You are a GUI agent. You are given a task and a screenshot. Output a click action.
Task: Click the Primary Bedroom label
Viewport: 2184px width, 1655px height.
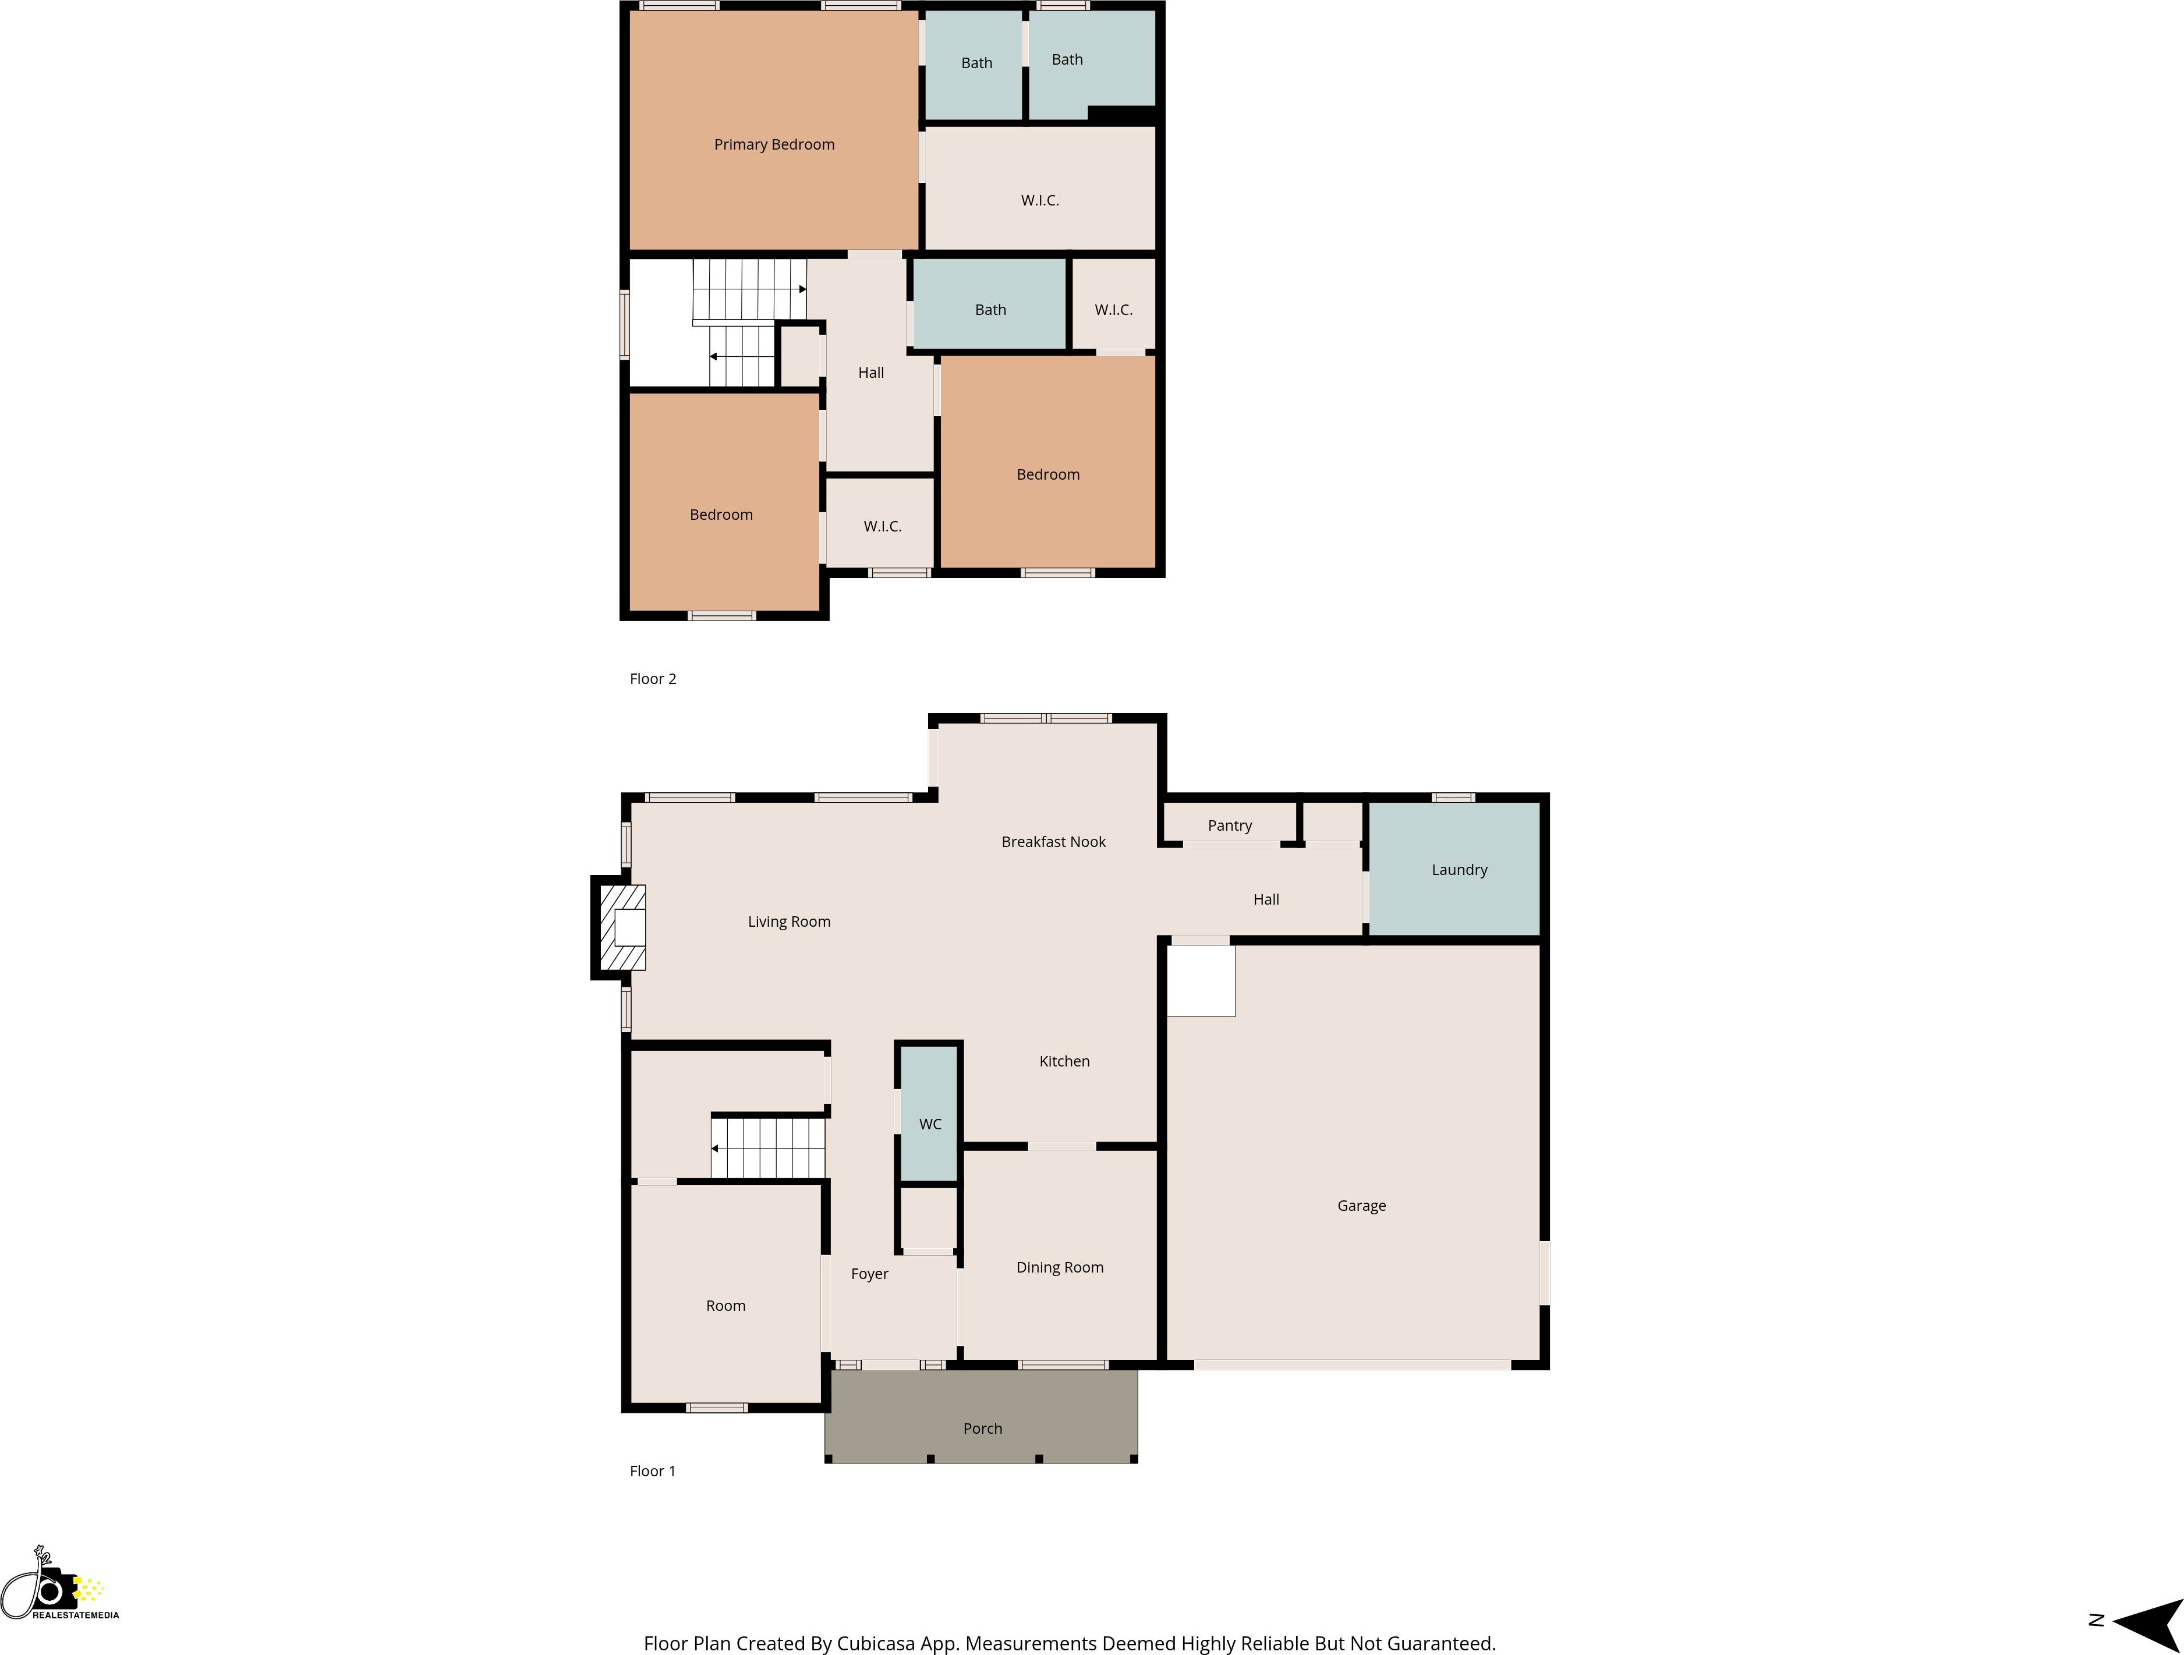click(774, 145)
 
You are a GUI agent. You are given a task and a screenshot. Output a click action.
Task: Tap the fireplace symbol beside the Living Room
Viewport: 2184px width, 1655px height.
click(622, 928)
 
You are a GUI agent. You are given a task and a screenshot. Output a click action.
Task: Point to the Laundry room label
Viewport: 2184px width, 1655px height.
click(1459, 870)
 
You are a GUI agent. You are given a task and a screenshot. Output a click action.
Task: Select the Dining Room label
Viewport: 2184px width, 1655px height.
click(1060, 1267)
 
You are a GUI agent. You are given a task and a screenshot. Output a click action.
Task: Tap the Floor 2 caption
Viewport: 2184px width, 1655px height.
click(653, 679)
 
